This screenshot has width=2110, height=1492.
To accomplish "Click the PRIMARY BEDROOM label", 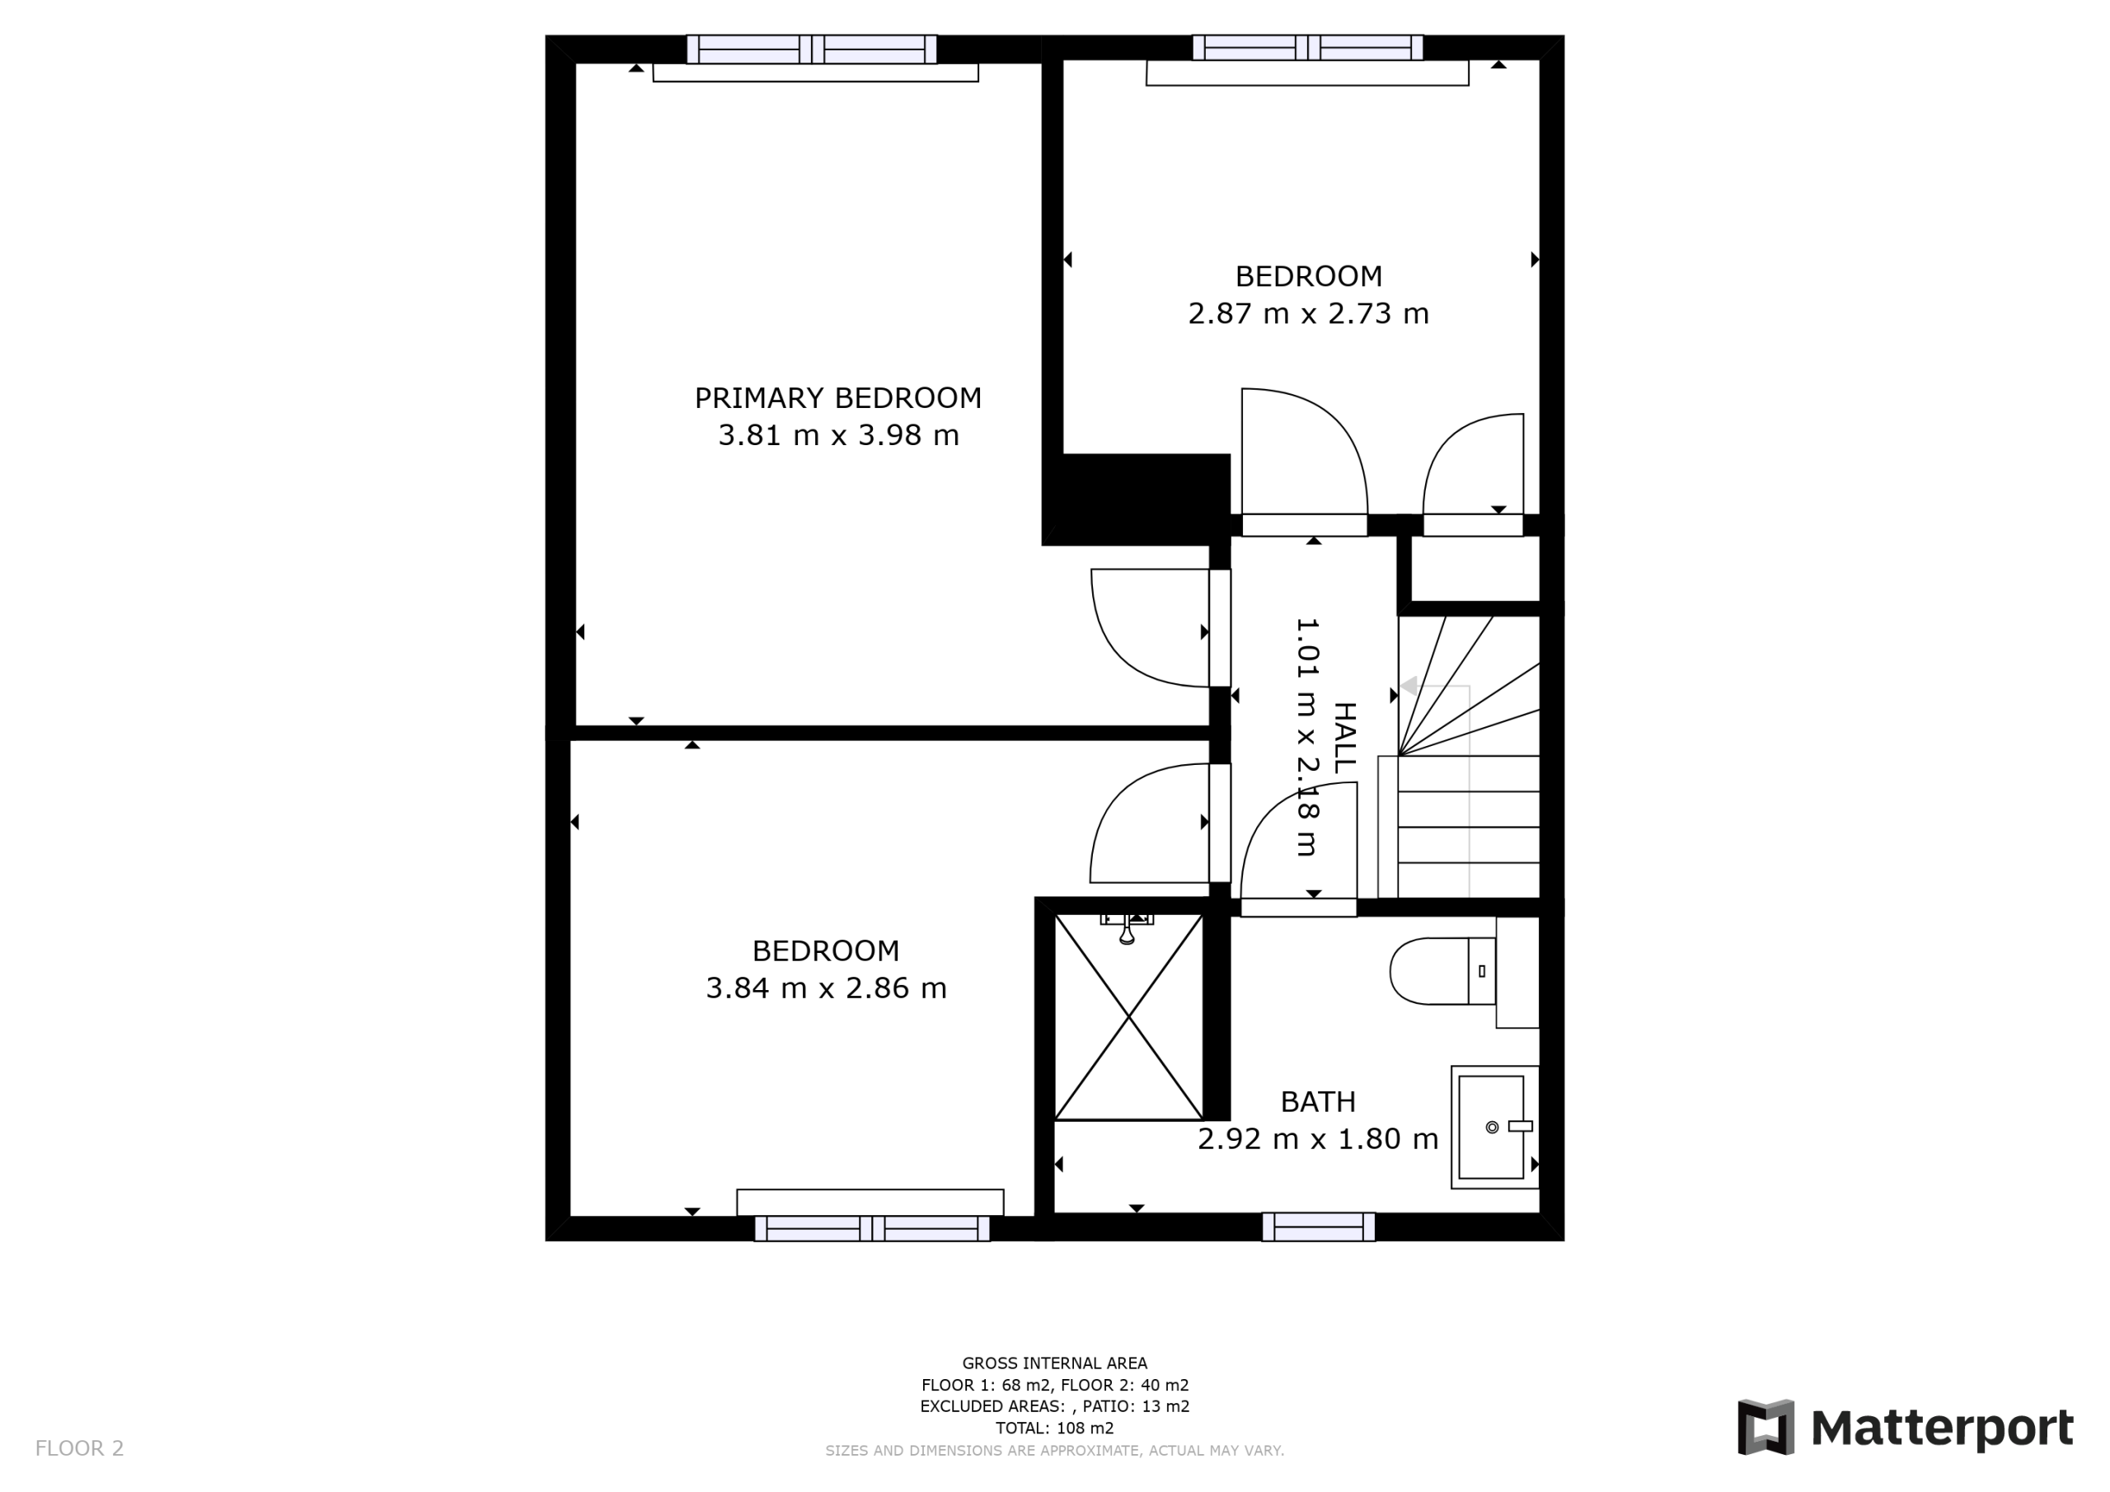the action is pyautogui.click(x=837, y=398).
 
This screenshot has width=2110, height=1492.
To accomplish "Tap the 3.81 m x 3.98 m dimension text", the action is pyautogui.click(x=838, y=434).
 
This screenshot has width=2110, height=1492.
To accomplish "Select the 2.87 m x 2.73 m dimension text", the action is pyautogui.click(x=1308, y=313).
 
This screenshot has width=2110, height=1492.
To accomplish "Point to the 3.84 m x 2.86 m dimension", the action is pyautogui.click(x=825, y=988).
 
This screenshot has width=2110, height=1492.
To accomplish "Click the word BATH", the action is pyautogui.click(x=1318, y=1101).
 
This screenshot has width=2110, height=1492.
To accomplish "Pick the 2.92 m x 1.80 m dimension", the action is pyautogui.click(x=1317, y=1139).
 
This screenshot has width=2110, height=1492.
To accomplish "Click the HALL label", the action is pyautogui.click(x=1343, y=737).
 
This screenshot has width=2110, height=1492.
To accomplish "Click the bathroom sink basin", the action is pyautogui.click(x=1491, y=1127).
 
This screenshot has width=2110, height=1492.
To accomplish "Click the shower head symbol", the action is pyautogui.click(x=1127, y=928).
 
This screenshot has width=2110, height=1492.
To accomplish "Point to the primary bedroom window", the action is pyautogui.click(x=812, y=49).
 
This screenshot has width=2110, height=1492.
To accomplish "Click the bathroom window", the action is pyautogui.click(x=1318, y=1227).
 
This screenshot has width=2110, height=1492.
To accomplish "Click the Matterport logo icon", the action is pyautogui.click(x=1765, y=1427).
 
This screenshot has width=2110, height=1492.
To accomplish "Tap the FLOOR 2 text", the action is pyautogui.click(x=79, y=1449).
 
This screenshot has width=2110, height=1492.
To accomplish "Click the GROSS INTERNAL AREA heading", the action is pyautogui.click(x=1054, y=1363).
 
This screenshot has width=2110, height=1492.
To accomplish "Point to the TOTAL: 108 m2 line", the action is pyautogui.click(x=1054, y=1428).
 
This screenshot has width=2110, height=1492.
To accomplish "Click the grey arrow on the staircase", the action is pyautogui.click(x=1407, y=687).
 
